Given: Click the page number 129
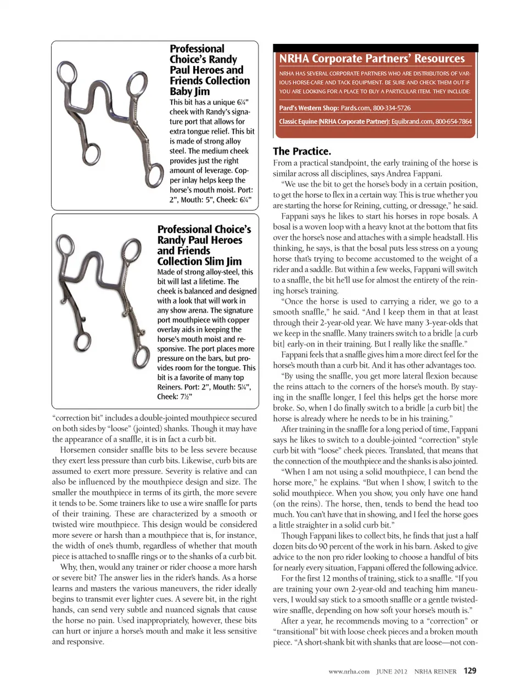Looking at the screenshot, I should coord(470,671).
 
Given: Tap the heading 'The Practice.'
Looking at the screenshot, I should coord(302,151).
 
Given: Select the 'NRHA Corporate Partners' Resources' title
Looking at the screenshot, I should coord(372,59).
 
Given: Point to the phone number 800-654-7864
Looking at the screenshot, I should coord(453,121).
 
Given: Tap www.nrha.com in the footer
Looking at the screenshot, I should coord(349,671).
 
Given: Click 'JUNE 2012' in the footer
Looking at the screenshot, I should coord(392,671).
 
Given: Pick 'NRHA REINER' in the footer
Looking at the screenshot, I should coord(435,671).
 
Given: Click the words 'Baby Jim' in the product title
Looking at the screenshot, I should coord(189,92).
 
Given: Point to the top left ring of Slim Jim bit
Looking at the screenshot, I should coord(66,245).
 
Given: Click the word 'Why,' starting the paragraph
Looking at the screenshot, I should coord(69,567).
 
